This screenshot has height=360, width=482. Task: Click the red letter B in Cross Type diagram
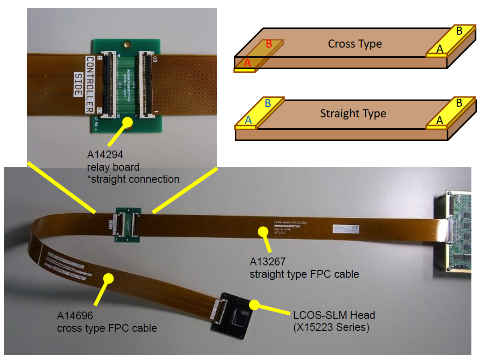point(269,45)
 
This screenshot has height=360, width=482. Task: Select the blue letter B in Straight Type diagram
point(268,104)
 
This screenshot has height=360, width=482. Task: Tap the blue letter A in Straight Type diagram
point(249,120)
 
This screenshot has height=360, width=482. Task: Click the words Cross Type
point(355,44)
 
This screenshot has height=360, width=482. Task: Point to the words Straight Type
point(353,114)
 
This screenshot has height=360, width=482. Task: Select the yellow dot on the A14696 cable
point(109,278)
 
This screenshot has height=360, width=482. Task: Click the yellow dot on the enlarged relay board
point(128,122)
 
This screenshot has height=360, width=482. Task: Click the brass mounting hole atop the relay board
point(125,45)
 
